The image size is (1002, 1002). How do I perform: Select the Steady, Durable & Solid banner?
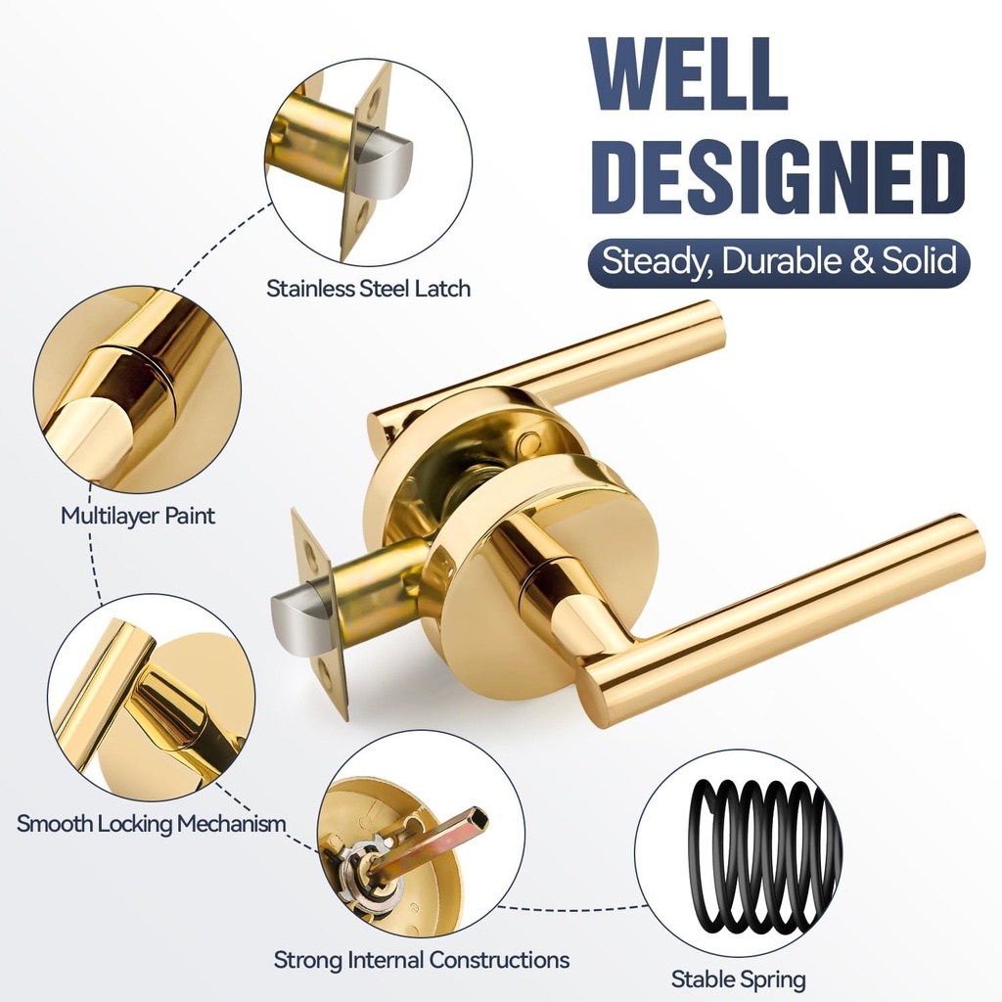pos(778,261)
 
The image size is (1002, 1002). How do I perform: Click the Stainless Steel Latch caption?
pos(368,289)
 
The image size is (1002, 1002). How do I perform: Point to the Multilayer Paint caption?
pos(138,515)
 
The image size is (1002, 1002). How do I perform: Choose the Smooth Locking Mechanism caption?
pos(152,823)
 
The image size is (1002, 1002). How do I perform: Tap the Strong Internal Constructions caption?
pos(421,959)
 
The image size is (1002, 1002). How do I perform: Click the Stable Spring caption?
pos(738,979)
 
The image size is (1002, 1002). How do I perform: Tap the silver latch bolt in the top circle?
pos(387,165)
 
